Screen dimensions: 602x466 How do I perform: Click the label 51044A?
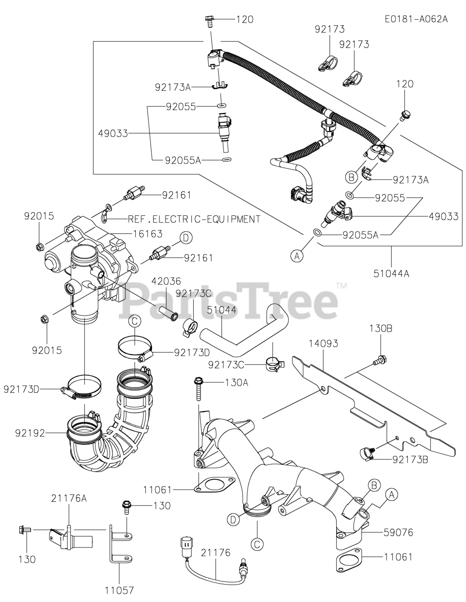point(392,272)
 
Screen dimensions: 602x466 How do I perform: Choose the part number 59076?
point(398,533)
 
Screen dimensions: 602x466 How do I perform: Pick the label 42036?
point(166,281)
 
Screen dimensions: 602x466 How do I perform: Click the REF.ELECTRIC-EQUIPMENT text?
point(194,219)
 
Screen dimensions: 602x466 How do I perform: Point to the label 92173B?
point(411,459)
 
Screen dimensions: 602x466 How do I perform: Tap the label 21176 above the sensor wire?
point(215,553)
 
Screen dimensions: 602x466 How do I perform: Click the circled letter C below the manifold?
point(257,544)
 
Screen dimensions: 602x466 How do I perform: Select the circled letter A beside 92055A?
point(296,255)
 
